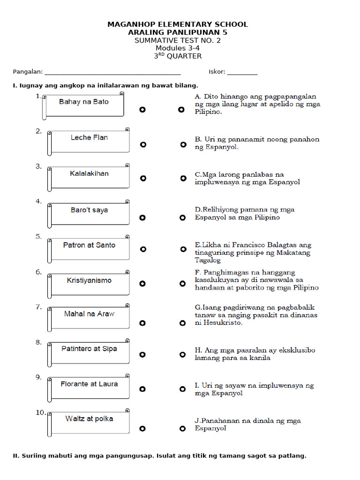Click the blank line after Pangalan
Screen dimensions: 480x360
(112, 73)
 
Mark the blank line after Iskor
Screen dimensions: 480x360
(242, 73)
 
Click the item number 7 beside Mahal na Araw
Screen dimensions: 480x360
(38, 307)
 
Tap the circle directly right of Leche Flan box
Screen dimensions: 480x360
(143, 144)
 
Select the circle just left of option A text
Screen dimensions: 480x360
(181, 110)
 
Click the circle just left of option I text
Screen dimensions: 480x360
(182, 389)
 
